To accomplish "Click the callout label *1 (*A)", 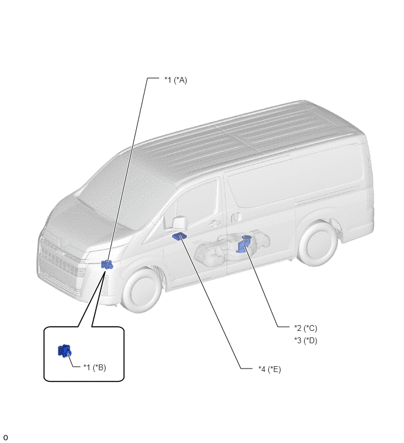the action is pyautogui.click(x=176, y=80).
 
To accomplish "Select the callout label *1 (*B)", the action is pyautogui.click(x=95, y=367).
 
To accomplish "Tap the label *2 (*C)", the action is pyautogui.click(x=305, y=329).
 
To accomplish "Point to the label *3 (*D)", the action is pyautogui.click(x=305, y=340).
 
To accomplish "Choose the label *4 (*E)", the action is pyautogui.click(x=270, y=369).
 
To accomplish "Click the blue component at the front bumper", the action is pyautogui.click(x=107, y=265).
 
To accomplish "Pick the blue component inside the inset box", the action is pyautogui.click(x=65, y=351).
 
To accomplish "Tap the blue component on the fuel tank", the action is pyautogui.click(x=243, y=245).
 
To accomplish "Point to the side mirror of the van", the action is pyautogui.click(x=180, y=222).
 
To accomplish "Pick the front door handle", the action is pyautogui.click(x=216, y=223).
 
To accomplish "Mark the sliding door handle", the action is pyautogui.click(x=236, y=218).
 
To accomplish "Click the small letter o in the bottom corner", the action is pyautogui.click(x=5, y=438).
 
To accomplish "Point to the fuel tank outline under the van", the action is pyautogui.click(x=233, y=247).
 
